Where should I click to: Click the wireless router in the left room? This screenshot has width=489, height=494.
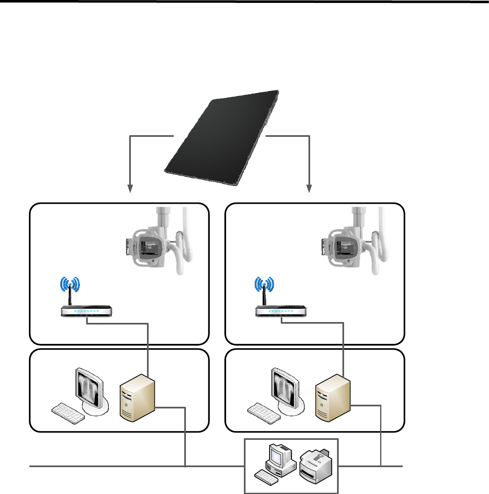coord(87,311)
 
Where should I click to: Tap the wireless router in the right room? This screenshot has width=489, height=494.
coord(281,311)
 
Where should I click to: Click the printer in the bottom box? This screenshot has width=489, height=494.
coord(317,466)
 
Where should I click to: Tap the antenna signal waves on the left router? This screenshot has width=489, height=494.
coord(70,284)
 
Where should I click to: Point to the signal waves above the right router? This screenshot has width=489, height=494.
coord(264,284)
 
